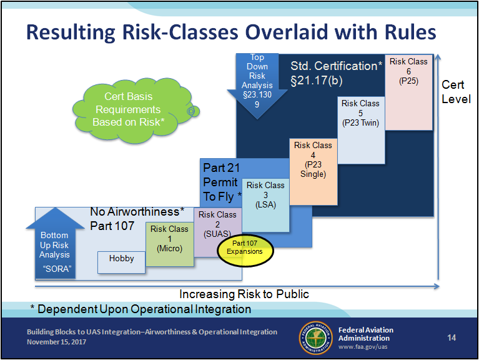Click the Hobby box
click(x=121, y=262)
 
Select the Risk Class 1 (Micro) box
click(x=169, y=244)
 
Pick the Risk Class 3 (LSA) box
click(x=265, y=205)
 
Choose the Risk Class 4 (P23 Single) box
click(x=314, y=172)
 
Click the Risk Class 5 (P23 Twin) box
click(x=361, y=131)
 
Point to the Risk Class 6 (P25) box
click(x=408, y=92)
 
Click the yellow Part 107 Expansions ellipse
click(x=245, y=251)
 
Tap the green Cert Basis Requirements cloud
click(x=134, y=110)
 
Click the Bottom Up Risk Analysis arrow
click(x=55, y=243)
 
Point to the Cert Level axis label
click(x=456, y=92)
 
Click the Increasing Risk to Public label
click(x=244, y=294)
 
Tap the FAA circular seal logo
click(x=315, y=337)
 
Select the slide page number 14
click(x=452, y=337)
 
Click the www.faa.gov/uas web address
click(x=363, y=347)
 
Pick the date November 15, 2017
click(x=56, y=342)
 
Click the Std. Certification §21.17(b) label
click(x=336, y=73)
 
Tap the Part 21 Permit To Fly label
click(x=222, y=182)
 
